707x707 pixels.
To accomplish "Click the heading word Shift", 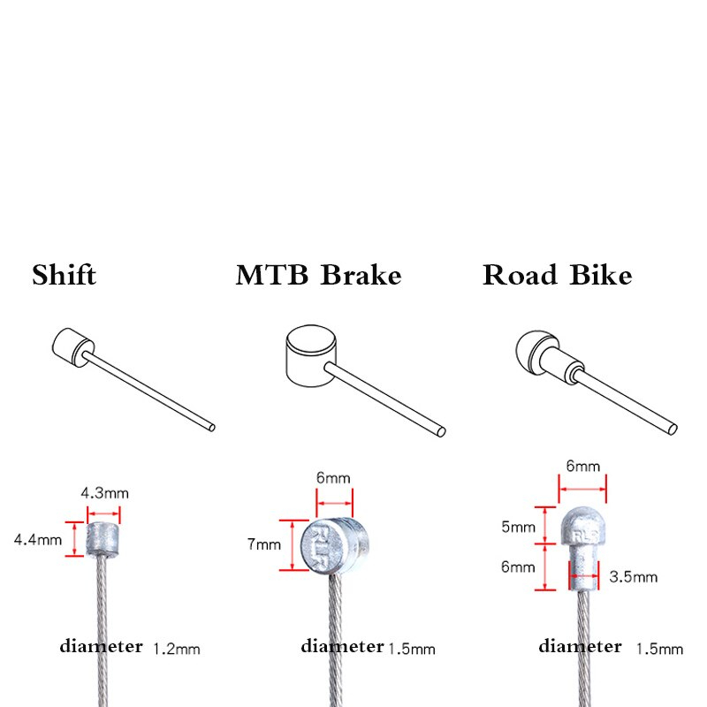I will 64,275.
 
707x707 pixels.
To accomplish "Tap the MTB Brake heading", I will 318,275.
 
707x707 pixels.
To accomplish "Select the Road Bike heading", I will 557,275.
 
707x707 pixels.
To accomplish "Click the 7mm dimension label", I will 263,544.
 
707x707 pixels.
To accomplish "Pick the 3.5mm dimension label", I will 634,577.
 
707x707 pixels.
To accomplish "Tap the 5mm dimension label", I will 518,528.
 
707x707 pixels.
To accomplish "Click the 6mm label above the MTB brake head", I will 333,477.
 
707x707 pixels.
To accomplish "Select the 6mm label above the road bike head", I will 583,466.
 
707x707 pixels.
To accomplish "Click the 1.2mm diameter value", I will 177,649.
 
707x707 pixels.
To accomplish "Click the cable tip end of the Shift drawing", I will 212,428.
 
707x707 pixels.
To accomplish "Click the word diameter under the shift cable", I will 101,646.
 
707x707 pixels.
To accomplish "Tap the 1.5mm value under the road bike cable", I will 659,650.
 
